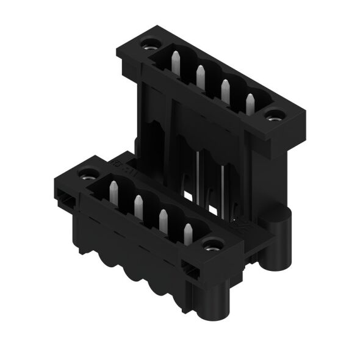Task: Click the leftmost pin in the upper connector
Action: pos(176,62)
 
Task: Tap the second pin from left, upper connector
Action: pos(200,75)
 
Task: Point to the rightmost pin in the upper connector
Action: pos(250,104)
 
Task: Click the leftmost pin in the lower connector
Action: pos(113,192)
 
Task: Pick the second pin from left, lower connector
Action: pos(139,206)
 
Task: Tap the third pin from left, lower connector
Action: pos(163,220)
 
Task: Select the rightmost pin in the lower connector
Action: pos(188,234)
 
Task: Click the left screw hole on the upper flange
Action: pos(148,46)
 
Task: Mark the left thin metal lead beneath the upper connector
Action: pos(199,177)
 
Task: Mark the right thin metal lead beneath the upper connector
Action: pos(223,189)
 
